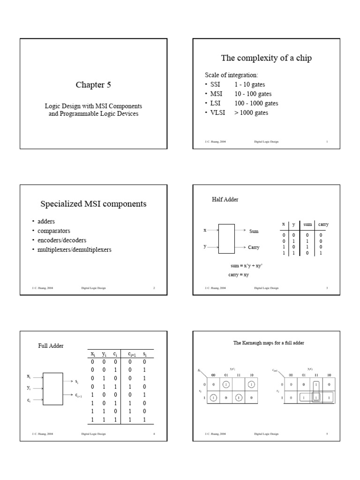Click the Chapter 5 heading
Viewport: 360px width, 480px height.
tap(93, 85)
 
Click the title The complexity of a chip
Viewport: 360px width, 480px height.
tap(266, 58)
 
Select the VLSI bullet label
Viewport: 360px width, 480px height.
tap(218, 113)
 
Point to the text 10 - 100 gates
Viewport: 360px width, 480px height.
tap(253, 94)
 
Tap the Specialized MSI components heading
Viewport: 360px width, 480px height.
tap(93, 204)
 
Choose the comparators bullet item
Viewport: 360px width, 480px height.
tap(54, 231)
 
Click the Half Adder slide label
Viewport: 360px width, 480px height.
tap(225, 200)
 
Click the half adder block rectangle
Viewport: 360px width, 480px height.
tap(226, 239)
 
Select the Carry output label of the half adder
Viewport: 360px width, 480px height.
tap(254, 247)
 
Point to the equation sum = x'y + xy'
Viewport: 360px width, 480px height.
tap(247, 266)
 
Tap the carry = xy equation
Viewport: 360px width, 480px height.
tap(239, 275)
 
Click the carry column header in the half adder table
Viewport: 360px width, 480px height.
tap(323, 225)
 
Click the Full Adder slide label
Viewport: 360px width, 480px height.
tap(51, 346)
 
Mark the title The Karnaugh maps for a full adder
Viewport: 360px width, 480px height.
tap(269, 343)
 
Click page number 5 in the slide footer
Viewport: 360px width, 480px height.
tap(327, 434)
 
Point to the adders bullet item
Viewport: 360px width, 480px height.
tap(46, 222)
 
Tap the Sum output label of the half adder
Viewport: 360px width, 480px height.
tap(254, 232)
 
